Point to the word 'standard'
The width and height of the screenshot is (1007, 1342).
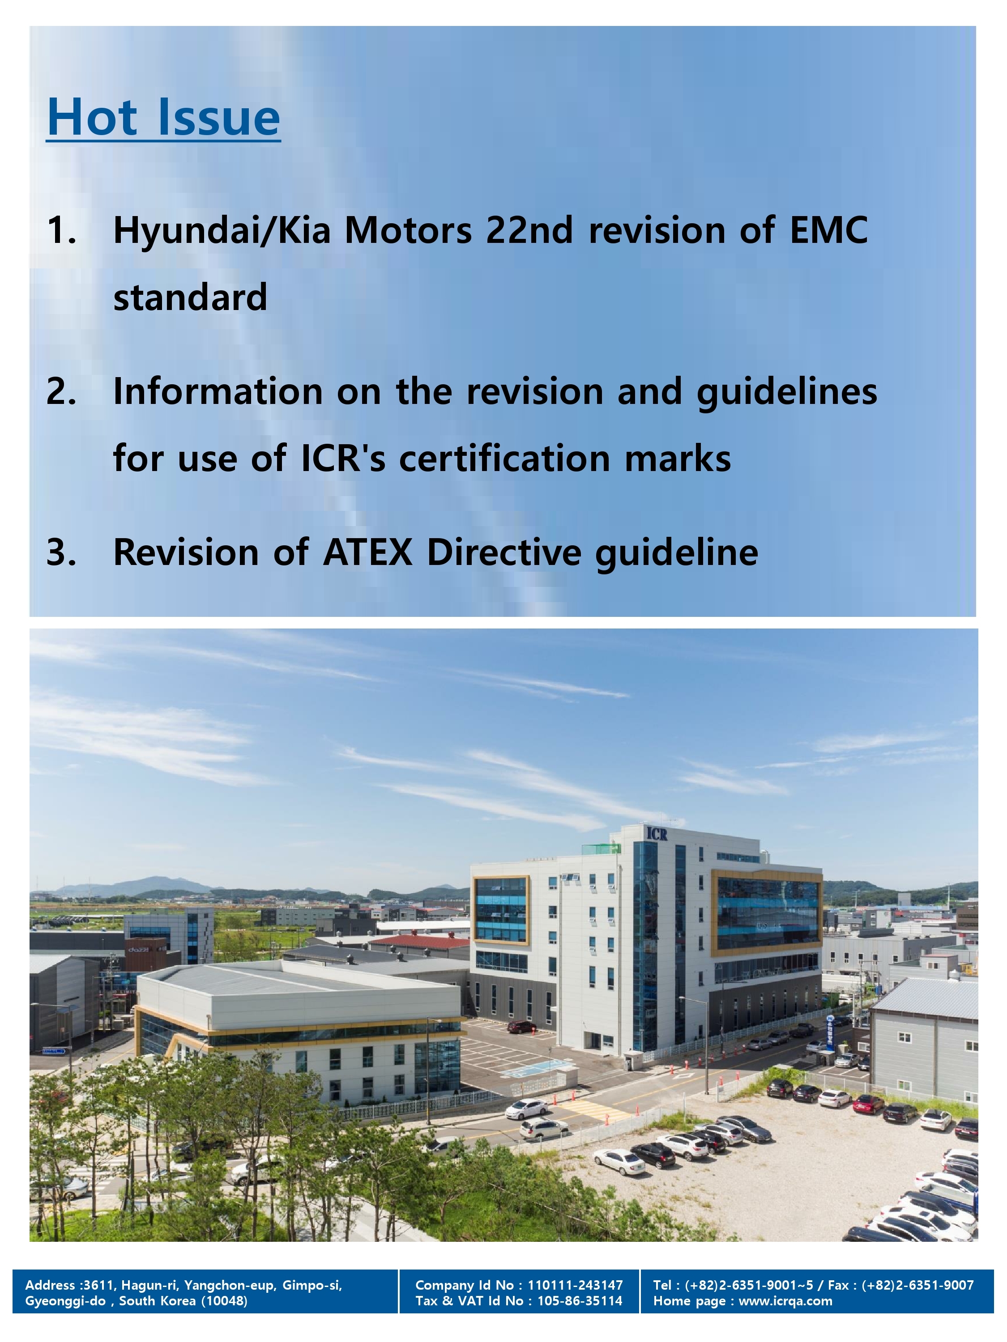tap(190, 297)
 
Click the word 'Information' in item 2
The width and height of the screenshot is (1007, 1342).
tap(218, 391)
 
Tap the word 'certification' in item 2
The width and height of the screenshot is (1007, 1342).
tap(504, 458)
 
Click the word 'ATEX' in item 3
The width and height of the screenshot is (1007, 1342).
tap(368, 553)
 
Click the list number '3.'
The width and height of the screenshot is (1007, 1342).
tap(62, 553)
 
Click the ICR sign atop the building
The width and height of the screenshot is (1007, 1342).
tap(657, 834)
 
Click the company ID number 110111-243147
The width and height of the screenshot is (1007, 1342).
tap(575, 1285)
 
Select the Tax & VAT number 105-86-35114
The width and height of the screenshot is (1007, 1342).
tap(580, 1301)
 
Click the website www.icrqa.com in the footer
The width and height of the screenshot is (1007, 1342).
tap(785, 1301)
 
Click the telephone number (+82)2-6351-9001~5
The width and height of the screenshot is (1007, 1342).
tap(748, 1285)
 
